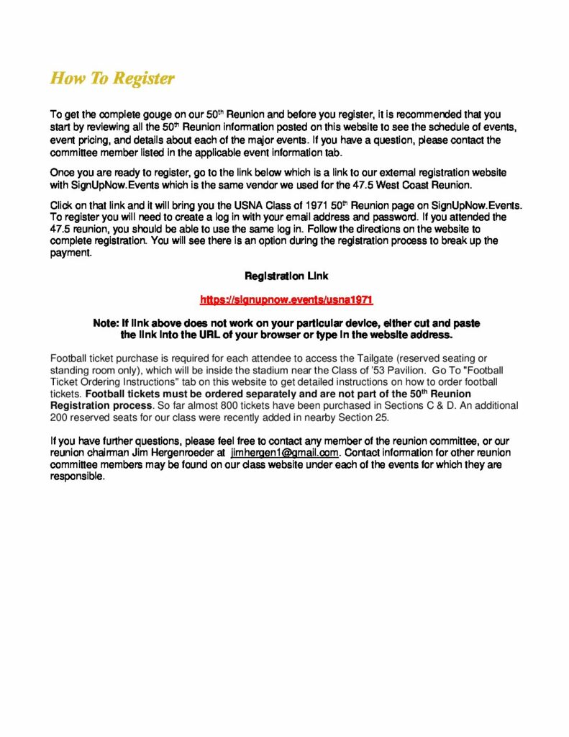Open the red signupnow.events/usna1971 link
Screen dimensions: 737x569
pyautogui.click(x=286, y=299)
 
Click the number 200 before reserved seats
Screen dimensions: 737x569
pyautogui.click(x=59, y=417)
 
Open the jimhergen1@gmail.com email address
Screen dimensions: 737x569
pyautogui.click(x=284, y=453)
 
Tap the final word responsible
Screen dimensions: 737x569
pyautogui.click(x=78, y=476)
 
